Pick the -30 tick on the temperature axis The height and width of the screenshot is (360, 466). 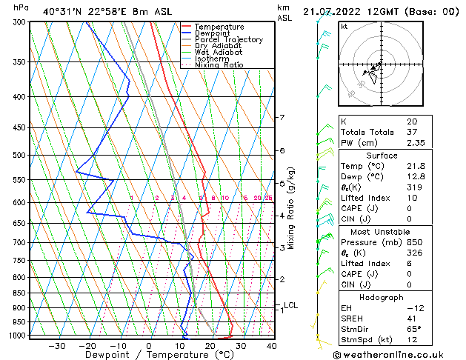(x=56, y=346)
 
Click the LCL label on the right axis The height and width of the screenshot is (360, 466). (x=290, y=305)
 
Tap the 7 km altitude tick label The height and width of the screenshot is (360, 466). (x=282, y=118)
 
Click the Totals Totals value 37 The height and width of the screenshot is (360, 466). (x=411, y=132)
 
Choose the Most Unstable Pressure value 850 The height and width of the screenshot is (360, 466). (x=413, y=242)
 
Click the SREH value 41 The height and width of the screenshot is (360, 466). (x=411, y=318)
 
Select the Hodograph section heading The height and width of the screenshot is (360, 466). (x=381, y=297)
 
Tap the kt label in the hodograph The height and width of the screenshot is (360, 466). (x=344, y=26)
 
